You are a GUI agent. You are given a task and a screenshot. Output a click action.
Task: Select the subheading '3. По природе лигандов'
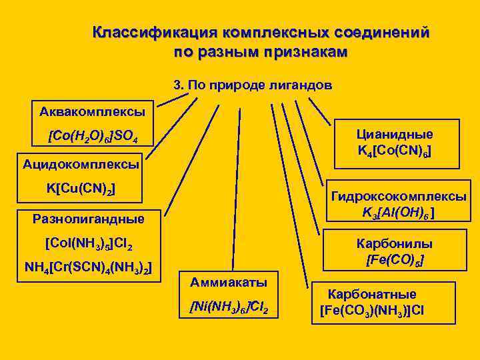(x=252, y=86)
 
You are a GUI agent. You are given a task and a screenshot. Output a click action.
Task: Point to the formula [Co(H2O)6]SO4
(x=93, y=137)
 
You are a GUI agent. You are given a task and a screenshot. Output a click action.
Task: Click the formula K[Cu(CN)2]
(x=81, y=189)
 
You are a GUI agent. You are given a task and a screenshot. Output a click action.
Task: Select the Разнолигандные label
(x=88, y=218)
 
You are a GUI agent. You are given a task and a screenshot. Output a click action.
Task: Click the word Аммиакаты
(x=229, y=282)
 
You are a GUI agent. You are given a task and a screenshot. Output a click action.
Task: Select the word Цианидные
(x=395, y=134)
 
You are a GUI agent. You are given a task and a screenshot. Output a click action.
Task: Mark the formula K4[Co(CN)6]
(x=394, y=152)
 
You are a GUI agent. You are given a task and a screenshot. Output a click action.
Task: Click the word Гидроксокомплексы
(x=399, y=197)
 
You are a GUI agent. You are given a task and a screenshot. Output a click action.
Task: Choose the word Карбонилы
(x=395, y=243)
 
